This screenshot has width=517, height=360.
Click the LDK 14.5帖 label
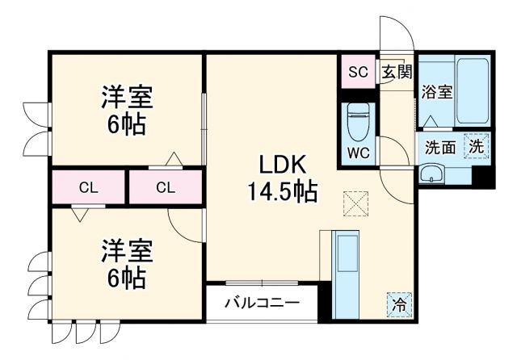click(281, 179)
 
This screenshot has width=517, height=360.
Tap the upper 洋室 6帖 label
click(123, 111)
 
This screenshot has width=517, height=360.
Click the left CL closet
click(89, 188)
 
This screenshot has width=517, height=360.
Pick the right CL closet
click(165, 188)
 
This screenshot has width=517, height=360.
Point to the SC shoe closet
click(358, 72)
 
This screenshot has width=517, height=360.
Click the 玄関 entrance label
click(396, 72)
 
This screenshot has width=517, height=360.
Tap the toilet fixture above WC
click(357, 122)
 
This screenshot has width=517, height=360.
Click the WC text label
click(357, 152)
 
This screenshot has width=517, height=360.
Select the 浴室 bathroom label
click(436, 93)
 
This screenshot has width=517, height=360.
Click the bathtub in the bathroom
click(473, 90)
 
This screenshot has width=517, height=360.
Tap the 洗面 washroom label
click(440, 148)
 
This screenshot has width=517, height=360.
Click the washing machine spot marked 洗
click(477, 148)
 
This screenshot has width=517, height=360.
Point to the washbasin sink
click(431, 173)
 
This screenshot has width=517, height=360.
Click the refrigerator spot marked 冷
click(398, 304)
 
